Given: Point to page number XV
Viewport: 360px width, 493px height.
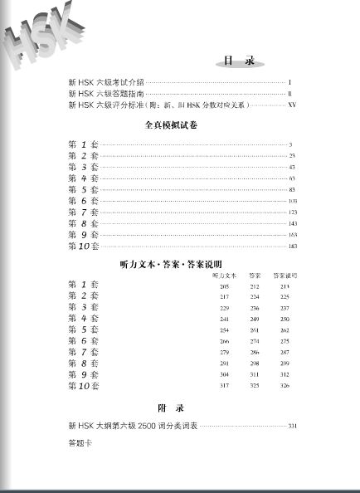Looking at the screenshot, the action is [290, 105].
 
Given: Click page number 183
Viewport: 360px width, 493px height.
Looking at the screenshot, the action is [292, 247].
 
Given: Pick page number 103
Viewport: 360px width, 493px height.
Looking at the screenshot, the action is [292, 201].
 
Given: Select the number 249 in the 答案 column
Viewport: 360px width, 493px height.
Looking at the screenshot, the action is [255, 319].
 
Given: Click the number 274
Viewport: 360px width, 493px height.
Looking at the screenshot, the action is [255, 341].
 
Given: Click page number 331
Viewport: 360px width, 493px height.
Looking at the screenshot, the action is [292, 427].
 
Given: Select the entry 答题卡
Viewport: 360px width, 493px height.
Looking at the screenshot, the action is [80, 443].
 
